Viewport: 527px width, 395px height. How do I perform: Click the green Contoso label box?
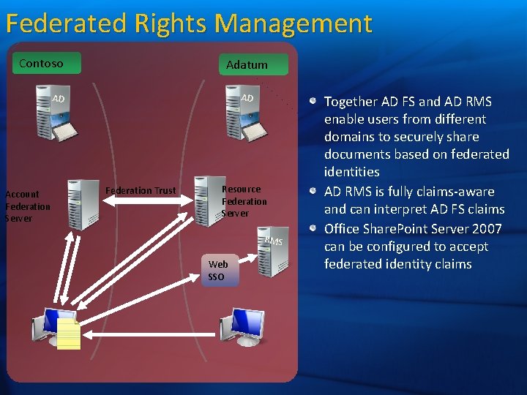coord(41,64)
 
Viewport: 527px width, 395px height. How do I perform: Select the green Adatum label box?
coord(247,64)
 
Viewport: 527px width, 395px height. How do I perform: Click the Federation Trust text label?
coord(141,191)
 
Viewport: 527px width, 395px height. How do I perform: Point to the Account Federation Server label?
coord(27,206)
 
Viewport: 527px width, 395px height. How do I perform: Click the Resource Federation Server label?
coord(244,200)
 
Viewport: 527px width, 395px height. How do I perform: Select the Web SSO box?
coord(217,270)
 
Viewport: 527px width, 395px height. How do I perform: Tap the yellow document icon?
coord(68,334)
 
